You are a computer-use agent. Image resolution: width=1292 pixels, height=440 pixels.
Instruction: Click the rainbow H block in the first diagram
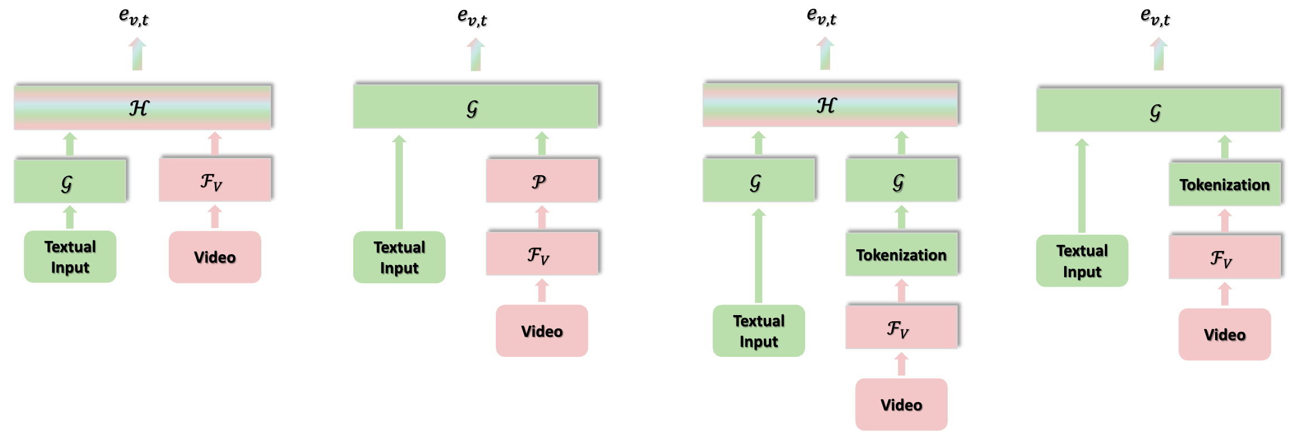point(143,107)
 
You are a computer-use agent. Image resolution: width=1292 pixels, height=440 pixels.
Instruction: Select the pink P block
point(542,181)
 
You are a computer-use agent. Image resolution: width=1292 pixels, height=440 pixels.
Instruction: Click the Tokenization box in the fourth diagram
point(1224,185)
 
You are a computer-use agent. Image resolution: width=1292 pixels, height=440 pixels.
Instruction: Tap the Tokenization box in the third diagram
point(901,255)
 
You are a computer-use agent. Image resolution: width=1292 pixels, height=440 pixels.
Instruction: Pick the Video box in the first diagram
point(214,257)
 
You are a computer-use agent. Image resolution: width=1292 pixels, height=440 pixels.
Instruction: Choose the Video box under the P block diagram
point(542,331)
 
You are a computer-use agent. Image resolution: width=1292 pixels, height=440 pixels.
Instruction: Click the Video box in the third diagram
point(901,404)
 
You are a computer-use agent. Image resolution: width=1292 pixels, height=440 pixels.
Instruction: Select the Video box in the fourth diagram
point(1224,334)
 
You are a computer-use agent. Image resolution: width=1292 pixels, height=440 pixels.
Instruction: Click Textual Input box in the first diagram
point(70,257)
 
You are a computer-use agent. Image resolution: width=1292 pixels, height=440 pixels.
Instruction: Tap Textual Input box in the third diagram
point(758,331)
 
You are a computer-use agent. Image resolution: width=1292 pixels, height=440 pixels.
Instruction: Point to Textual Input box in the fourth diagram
point(1082,260)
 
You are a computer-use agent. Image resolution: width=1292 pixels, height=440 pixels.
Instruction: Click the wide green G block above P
point(475,107)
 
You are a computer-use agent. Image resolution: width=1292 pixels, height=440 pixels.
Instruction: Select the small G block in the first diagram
point(70,181)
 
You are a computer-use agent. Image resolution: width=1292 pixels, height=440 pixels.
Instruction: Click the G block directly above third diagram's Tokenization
point(901,180)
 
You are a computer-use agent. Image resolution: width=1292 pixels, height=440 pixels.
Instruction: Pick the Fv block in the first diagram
point(214,180)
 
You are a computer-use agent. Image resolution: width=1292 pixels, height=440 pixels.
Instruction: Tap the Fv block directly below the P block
point(542,254)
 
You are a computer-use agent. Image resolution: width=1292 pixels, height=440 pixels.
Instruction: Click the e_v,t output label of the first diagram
point(134,17)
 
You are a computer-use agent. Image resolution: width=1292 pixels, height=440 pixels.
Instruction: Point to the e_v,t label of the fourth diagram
point(1155,17)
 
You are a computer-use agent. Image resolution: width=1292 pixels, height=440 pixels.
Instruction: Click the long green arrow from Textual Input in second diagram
point(399,184)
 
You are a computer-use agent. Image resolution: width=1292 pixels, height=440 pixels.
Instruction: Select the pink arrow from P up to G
point(542,144)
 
